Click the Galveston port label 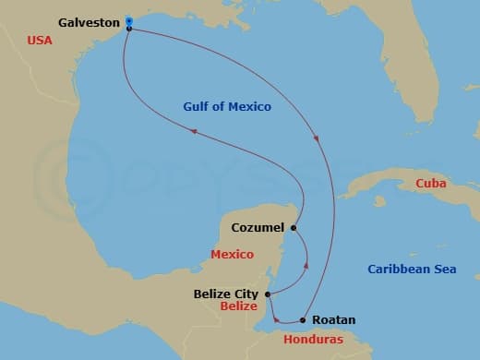click(x=89, y=22)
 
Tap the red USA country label click(x=40, y=41)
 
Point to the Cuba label click(x=431, y=184)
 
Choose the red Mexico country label click(x=232, y=253)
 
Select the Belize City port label click(x=226, y=294)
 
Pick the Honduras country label click(x=312, y=340)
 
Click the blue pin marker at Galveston click(x=128, y=20)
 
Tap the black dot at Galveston click(x=128, y=29)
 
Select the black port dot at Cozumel click(x=293, y=227)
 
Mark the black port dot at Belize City click(x=268, y=294)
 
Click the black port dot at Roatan click(x=303, y=319)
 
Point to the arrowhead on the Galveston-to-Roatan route click(x=318, y=140)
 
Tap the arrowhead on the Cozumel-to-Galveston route click(x=195, y=132)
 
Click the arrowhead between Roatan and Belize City click(x=275, y=315)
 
